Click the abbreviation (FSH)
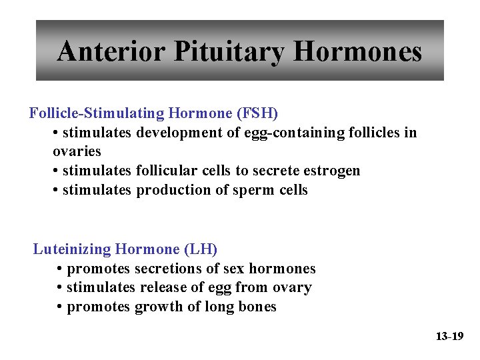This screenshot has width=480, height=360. click(257, 113)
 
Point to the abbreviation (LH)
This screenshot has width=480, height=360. click(201, 249)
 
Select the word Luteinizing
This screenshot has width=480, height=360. click(72, 249)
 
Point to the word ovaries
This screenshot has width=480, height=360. click(77, 151)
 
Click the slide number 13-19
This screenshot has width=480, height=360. click(449, 337)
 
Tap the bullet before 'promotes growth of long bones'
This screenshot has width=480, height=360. click(60, 307)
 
